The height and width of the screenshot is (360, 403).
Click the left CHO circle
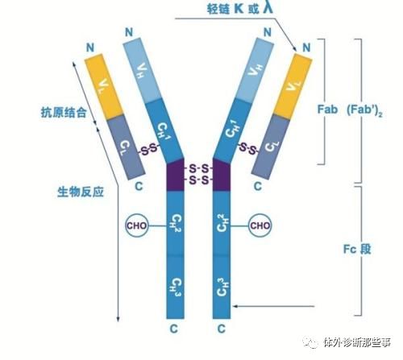[137, 226]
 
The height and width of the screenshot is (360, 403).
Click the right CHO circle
[260, 226]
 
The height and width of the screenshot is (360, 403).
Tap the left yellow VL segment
[104, 86]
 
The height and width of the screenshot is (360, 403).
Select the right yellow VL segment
[293, 86]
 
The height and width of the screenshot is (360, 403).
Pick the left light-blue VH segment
[143, 70]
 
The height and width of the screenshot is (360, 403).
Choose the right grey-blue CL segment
[271, 147]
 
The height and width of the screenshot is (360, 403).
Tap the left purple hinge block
[176, 175]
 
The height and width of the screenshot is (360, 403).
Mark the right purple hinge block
[222, 175]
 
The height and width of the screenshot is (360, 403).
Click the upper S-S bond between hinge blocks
[198, 169]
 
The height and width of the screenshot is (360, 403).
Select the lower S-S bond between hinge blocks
[198, 180]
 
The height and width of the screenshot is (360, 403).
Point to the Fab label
[327, 110]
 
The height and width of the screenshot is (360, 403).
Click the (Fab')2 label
[364, 110]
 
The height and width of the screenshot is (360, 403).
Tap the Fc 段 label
[357, 250]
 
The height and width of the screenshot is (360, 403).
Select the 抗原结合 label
[64, 112]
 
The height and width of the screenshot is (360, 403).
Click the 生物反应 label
[81, 192]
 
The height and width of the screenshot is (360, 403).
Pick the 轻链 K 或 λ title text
[240, 8]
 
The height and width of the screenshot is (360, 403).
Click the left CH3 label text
[176, 288]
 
